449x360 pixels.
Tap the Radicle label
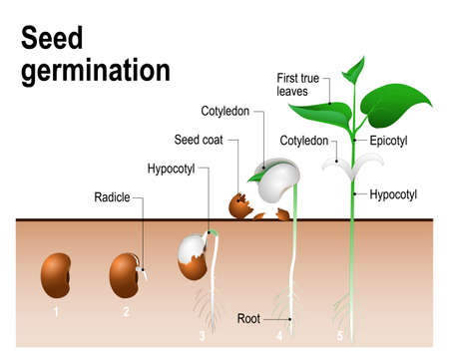(x=113, y=195)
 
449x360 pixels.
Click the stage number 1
(x=57, y=312)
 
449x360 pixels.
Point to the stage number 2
(x=126, y=312)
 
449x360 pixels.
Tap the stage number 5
(x=340, y=335)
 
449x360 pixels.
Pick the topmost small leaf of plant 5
(x=353, y=69)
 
